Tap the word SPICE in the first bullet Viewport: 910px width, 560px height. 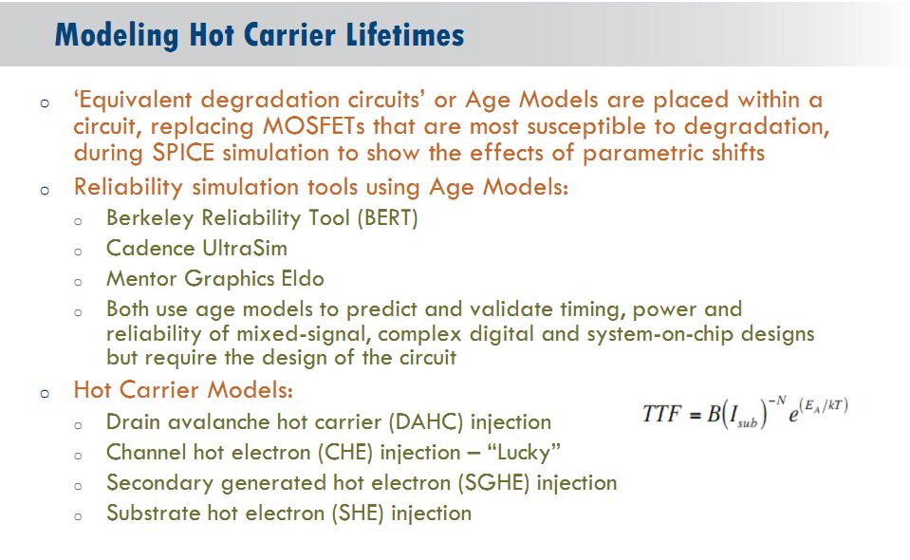183,153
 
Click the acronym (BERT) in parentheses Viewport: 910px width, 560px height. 387,218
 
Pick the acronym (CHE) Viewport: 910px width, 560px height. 345,452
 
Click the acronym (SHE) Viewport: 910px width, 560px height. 358,513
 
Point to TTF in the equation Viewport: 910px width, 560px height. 661,414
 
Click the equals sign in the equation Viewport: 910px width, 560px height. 694,415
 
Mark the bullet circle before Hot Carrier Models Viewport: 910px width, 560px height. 46,394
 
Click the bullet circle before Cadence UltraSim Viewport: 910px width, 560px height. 79,252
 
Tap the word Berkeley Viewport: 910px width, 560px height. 150,218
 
